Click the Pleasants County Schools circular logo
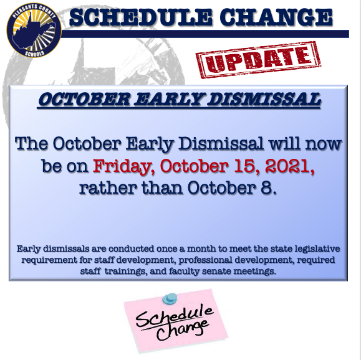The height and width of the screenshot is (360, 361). tap(34, 30)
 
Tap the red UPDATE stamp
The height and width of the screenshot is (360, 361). tap(258, 60)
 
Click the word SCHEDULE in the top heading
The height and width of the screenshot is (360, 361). tap(140, 17)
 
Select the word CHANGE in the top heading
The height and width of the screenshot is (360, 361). tap(276, 17)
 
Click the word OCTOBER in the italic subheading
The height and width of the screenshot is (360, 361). tap(84, 100)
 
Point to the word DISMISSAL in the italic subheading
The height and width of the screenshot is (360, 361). tap(264, 100)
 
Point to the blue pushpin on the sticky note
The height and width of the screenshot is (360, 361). tap(170, 298)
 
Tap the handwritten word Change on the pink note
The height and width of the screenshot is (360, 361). tap(183, 330)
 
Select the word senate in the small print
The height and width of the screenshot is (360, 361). tap(216, 272)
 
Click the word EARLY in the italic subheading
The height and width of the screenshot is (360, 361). tap(168, 100)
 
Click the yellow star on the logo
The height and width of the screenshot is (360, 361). tap(24, 24)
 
